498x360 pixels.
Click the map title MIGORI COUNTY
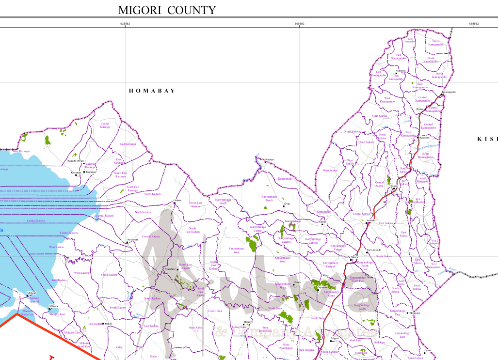(167, 10)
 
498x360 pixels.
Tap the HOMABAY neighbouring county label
(152, 91)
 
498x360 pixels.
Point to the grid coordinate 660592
(299, 23)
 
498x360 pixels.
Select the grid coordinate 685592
(474, 23)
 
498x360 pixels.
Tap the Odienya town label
(401, 71)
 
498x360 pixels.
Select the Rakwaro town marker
(418, 138)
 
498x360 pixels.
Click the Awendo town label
(371, 220)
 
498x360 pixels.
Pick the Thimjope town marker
(407, 313)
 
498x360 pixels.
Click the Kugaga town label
(269, 159)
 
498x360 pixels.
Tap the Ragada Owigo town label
(76, 160)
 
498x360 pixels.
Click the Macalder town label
(170, 268)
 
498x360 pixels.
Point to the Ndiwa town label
(178, 200)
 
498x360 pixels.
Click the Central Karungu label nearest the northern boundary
(105, 125)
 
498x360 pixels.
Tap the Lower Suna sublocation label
(215, 311)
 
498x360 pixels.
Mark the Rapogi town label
(322, 222)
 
